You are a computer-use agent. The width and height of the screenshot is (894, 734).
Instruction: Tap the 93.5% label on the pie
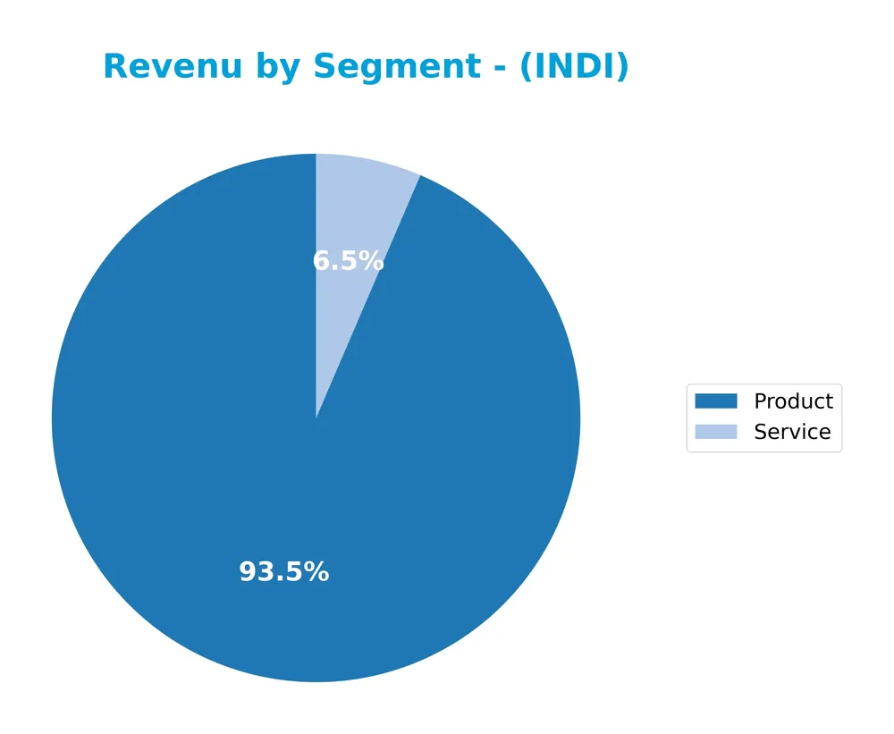point(284,572)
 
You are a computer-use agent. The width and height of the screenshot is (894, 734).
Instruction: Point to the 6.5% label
point(348,261)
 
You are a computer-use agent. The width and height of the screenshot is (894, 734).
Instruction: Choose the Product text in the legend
point(793,401)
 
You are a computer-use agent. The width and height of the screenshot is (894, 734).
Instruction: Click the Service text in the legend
point(792,432)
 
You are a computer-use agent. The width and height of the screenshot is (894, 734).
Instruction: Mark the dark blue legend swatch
point(716,401)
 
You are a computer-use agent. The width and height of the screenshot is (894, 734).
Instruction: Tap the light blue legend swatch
point(716,432)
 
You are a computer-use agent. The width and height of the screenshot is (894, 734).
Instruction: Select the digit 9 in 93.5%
point(248,572)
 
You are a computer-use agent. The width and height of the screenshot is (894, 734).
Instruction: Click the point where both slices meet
point(316,418)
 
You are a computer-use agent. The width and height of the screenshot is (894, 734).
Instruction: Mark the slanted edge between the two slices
point(367,297)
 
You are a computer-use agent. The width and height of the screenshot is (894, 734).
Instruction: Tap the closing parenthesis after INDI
point(622,67)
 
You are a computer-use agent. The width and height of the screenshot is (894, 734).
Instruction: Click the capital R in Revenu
point(115,67)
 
